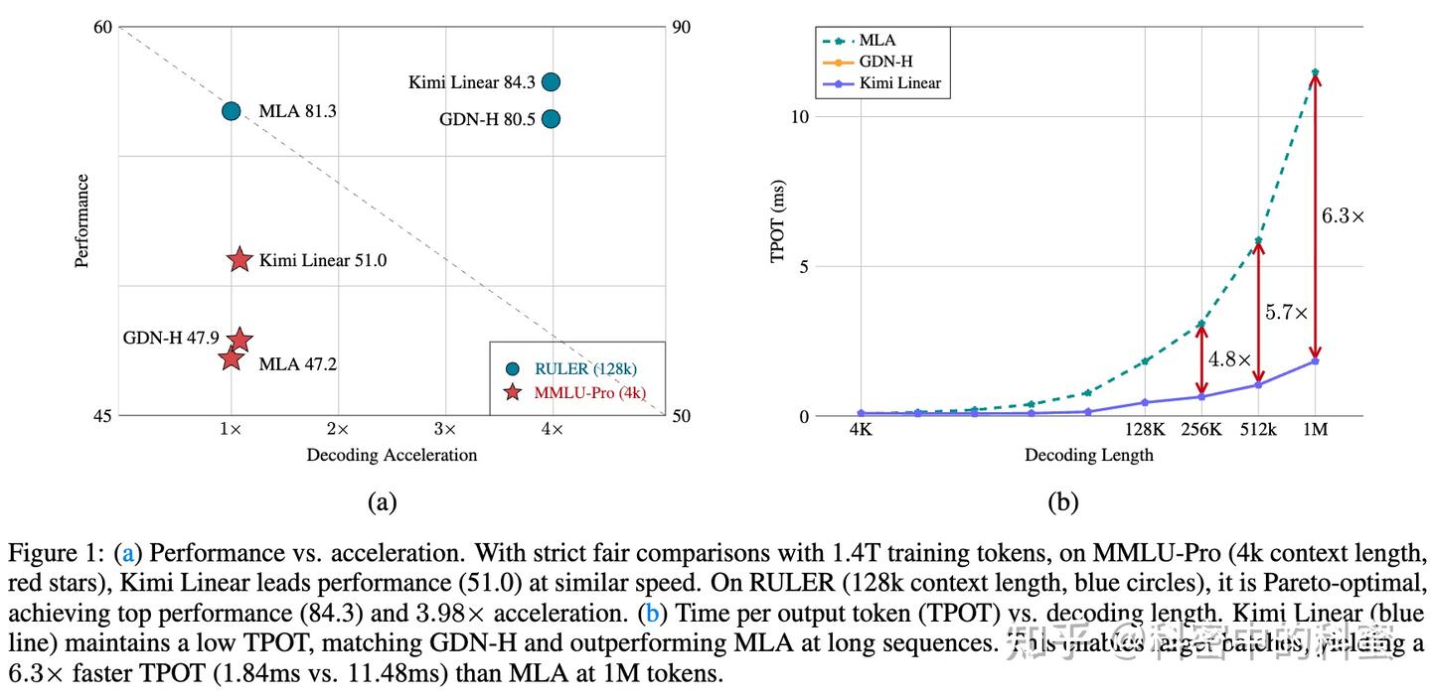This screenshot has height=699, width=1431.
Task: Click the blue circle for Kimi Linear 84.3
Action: point(552,81)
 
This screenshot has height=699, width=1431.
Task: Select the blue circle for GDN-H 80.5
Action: point(552,119)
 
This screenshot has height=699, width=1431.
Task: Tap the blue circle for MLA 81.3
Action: point(231,111)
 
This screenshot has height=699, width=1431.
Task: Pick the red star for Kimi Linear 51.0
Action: point(239,260)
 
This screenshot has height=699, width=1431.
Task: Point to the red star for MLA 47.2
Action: point(231,358)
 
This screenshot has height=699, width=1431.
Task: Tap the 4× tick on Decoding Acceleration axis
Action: point(552,429)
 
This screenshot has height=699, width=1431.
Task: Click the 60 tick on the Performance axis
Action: point(102,27)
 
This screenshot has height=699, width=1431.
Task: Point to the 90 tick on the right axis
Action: point(681,27)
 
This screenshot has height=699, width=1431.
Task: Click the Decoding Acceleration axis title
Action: point(392,455)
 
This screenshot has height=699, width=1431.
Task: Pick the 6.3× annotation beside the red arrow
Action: point(1343,214)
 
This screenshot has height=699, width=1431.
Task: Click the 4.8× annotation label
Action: point(1229,359)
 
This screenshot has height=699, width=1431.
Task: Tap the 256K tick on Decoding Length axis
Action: point(1201,429)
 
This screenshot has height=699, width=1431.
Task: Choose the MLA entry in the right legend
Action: point(876,41)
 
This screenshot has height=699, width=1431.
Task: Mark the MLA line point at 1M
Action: point(1315,72)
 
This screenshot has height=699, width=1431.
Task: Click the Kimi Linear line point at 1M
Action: point(1315,360)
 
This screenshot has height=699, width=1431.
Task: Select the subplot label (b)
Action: point(1062,502)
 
